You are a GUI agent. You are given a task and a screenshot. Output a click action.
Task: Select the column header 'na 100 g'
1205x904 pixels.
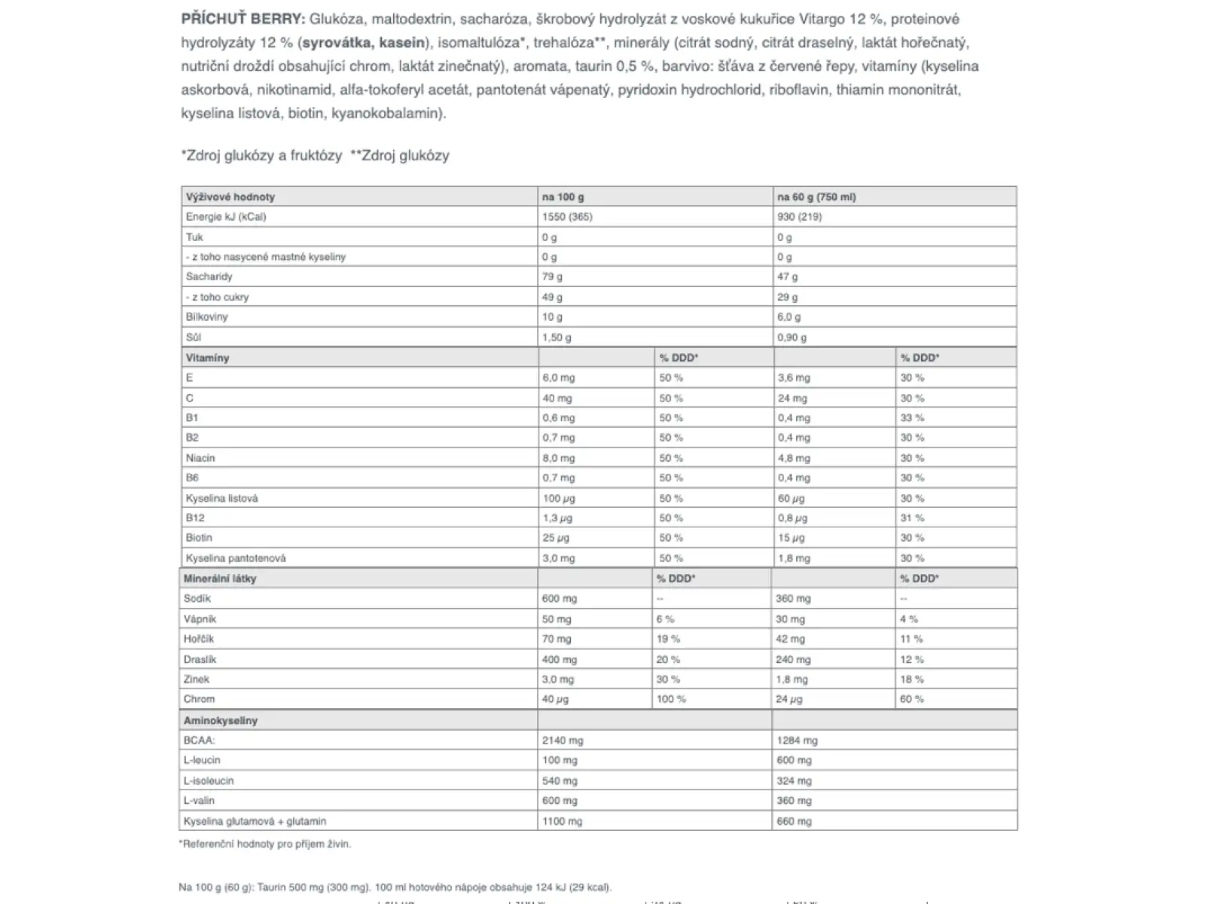click(x=563, y=197)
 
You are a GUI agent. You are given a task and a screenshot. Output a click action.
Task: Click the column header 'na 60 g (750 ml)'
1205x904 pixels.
click(x=816, y=197)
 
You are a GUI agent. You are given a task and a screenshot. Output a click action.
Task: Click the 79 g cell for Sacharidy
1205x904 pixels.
click(x=552, y=276)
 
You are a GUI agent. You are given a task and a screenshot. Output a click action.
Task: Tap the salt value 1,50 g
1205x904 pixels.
click(x=557, y=337)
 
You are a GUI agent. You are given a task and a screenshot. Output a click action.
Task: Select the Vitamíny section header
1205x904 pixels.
click(x=208, y=358)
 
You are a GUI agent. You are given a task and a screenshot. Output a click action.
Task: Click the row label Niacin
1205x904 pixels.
click(x=200, y=458)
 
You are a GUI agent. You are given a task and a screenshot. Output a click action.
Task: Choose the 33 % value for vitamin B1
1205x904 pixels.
click(x=912, y=417)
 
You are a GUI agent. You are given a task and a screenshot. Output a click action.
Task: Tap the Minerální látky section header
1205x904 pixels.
click(x=220, y=579)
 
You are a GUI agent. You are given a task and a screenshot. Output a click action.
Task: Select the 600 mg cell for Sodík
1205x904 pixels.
click(x=560, y=599)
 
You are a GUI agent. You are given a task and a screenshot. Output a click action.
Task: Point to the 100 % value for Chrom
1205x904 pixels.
click(x=671, y=699)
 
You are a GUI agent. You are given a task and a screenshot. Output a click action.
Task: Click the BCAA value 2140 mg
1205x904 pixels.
click(x=563, y=741)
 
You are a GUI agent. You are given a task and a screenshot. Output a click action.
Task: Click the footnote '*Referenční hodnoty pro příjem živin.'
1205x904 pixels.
click(x=265, y=844)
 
